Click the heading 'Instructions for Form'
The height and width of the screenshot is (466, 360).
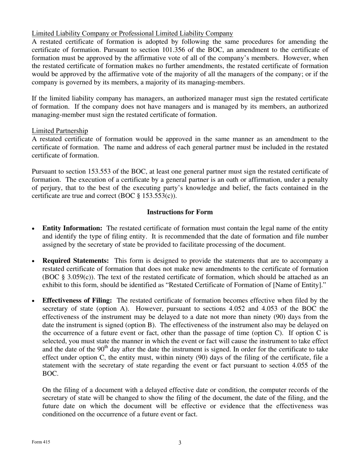[180, 212]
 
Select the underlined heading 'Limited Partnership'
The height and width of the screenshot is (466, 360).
[60, 131]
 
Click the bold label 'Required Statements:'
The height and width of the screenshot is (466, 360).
[76, 261]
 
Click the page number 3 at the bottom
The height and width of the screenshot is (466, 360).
[180, 443]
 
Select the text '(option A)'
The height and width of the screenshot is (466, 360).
[189, 309]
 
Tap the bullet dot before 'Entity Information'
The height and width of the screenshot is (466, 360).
[34, 229]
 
